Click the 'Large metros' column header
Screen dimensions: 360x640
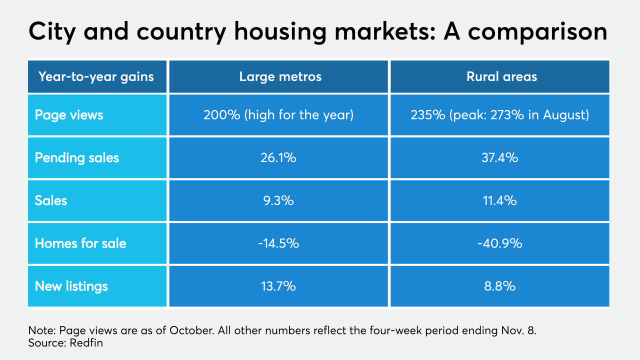click(x=280, y=76)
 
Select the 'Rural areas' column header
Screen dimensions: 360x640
click(x=501, y=76)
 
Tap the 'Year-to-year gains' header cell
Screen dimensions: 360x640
click(x=96, y=76)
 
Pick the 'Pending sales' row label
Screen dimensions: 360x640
click(x=77, y=158)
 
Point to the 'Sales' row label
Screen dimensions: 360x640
click(x=51, y=201)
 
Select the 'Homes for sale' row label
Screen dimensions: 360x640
click(x=80, y=243)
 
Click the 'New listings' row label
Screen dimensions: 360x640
click(x=71, y=286)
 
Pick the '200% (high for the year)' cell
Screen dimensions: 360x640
click(x=278, y=115)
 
